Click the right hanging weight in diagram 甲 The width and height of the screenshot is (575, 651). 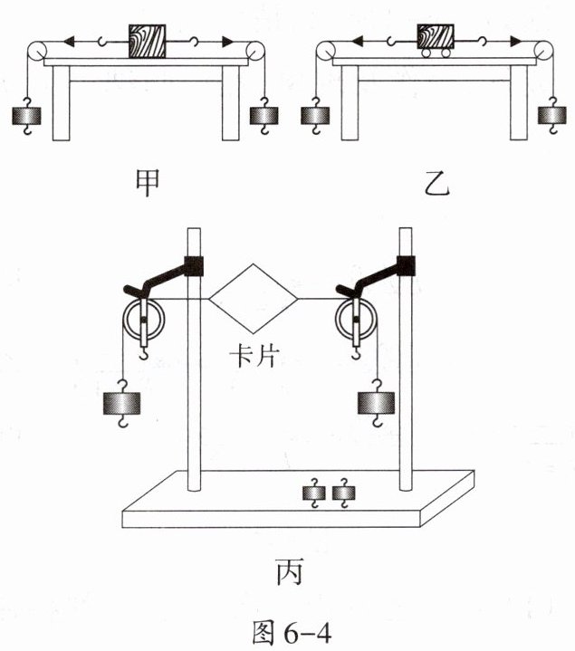(x=264, y=116)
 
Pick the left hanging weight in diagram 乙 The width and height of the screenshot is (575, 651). (x=315, y=116)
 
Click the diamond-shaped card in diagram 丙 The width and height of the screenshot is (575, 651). (x=254, y=297)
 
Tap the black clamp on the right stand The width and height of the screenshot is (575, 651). (x=405, y=264)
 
